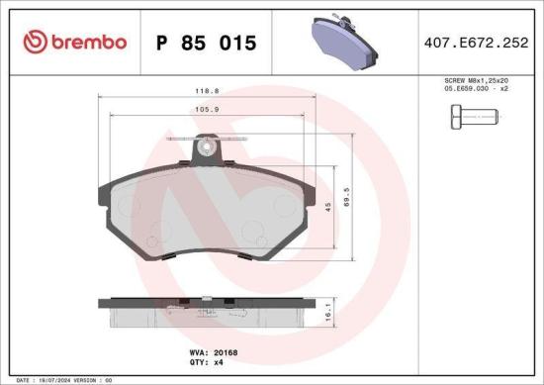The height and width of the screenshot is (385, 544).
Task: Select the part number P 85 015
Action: click(x=206, y=43)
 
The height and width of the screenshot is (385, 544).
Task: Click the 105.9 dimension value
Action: click(x=207, y=110)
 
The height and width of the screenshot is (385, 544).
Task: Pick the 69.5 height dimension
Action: click(x=345, y=199)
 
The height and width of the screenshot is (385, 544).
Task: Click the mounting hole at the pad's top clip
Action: click(x=207, y=149)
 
